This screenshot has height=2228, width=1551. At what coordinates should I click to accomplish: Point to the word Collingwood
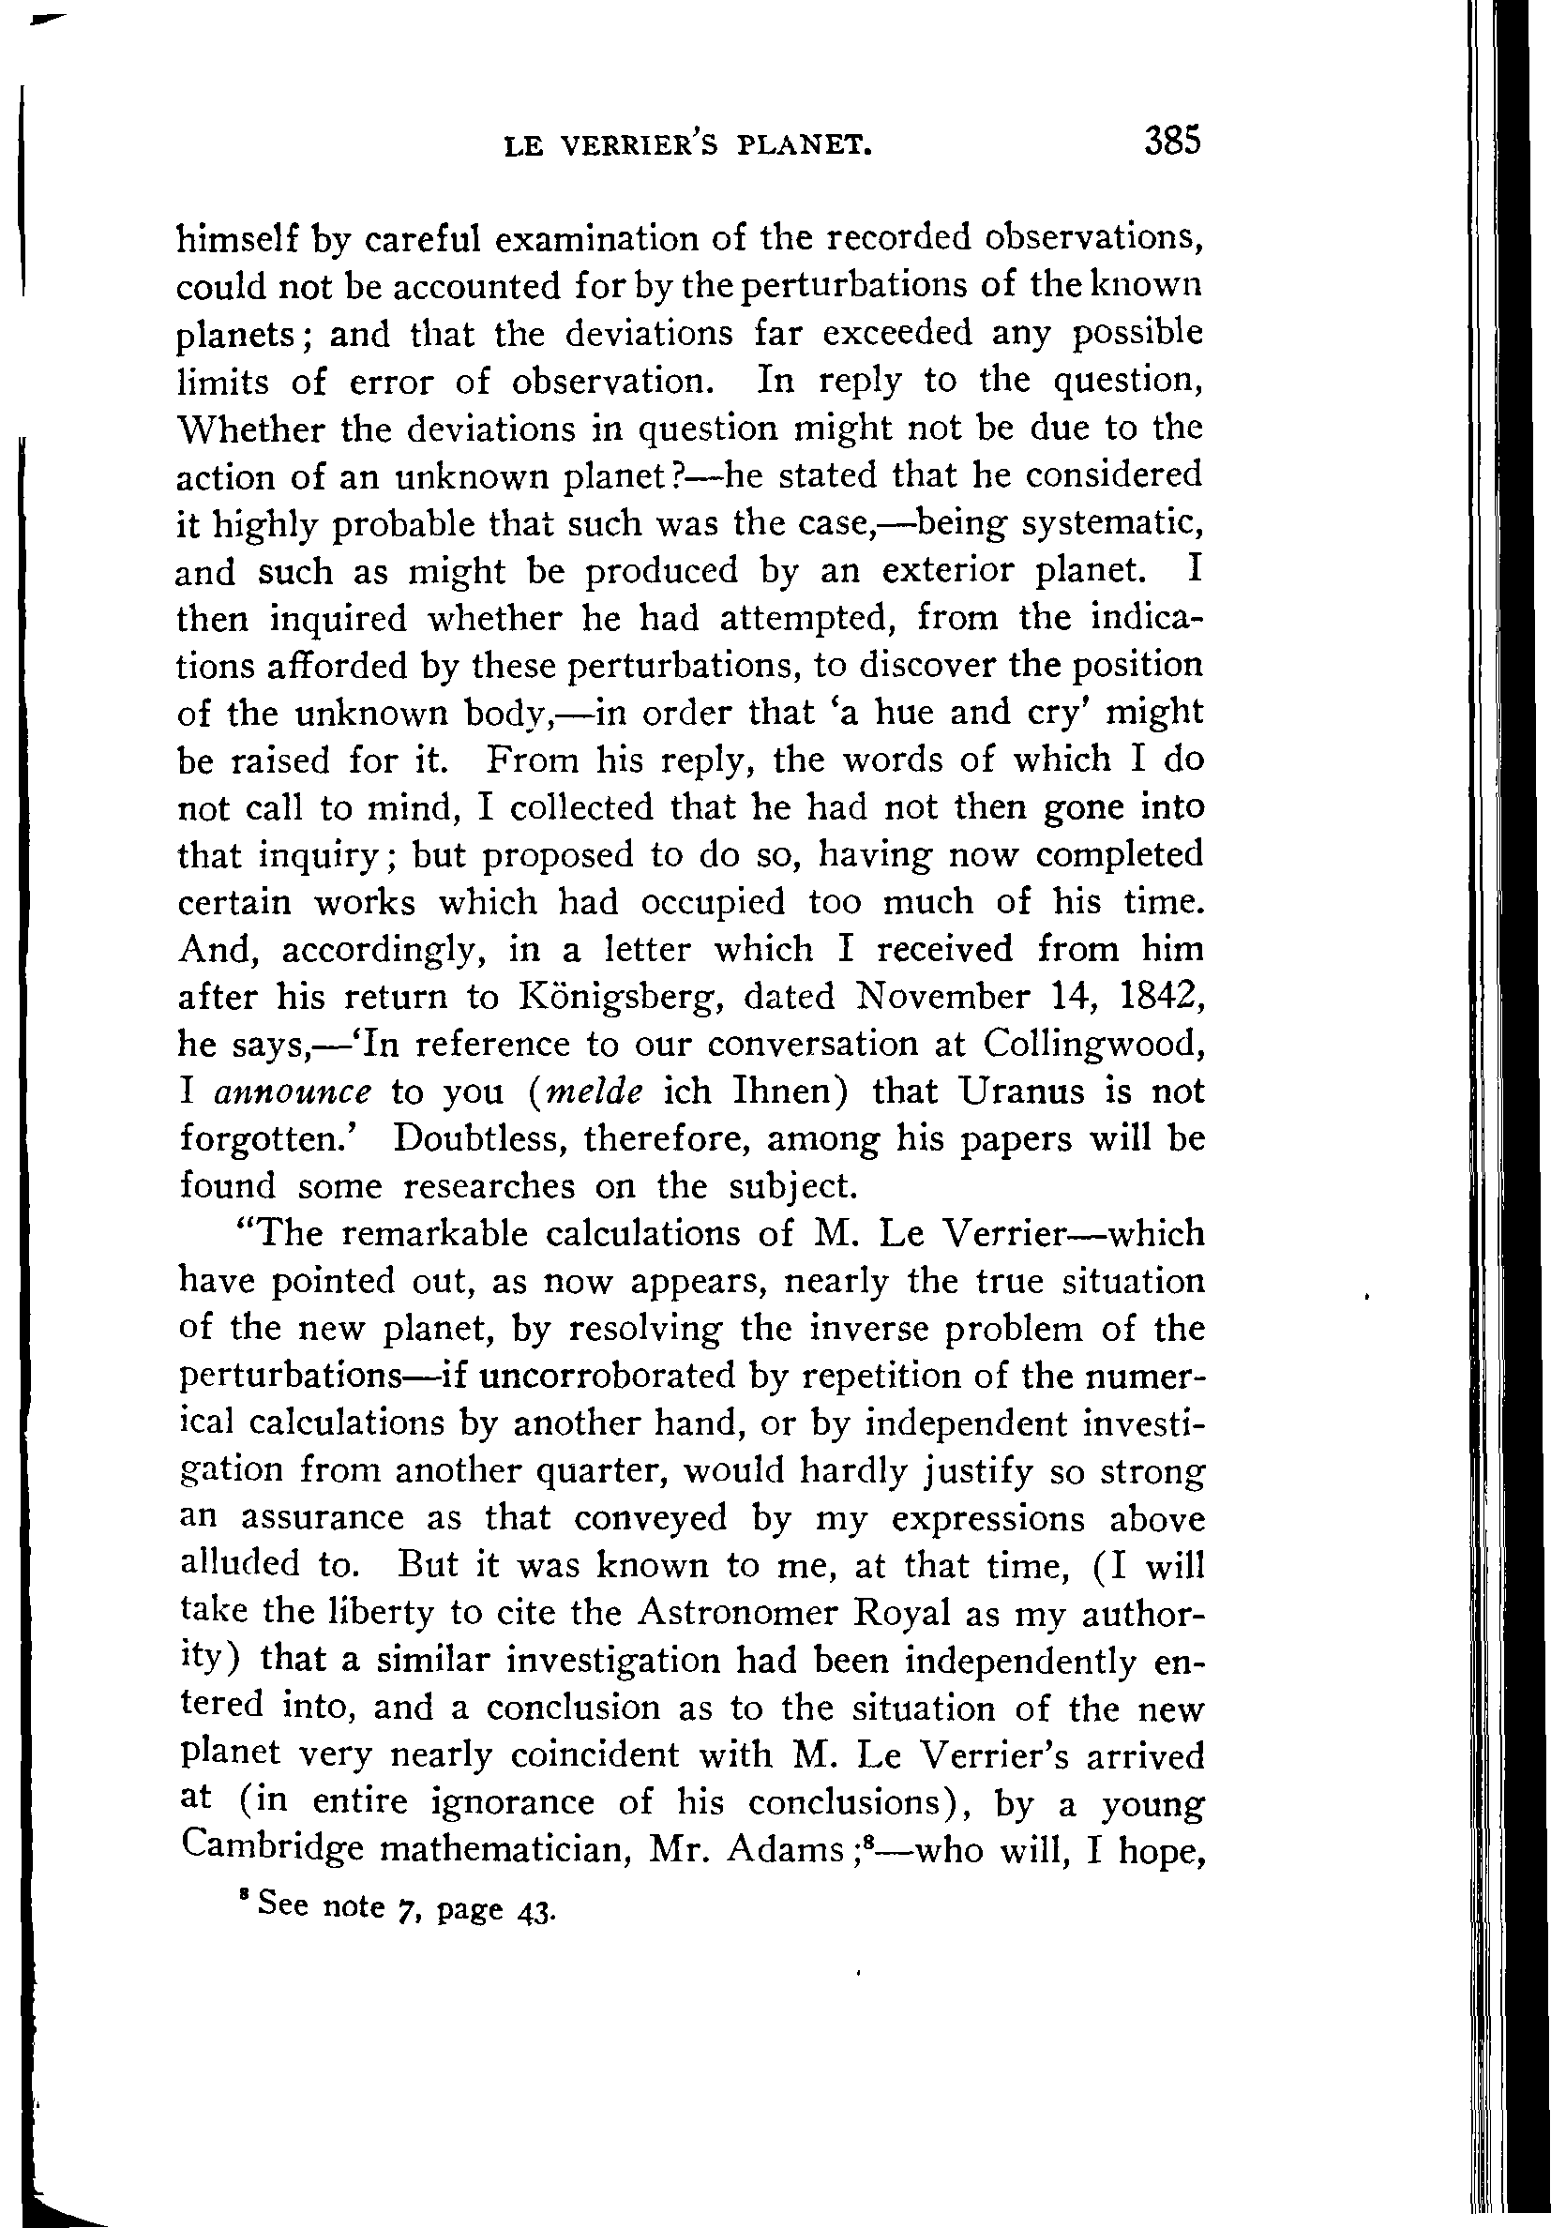(x=1092, y=1044)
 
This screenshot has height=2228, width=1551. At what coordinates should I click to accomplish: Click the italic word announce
(x=293, y=1092)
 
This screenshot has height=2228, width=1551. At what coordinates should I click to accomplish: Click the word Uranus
(x=1018, y=1091)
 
